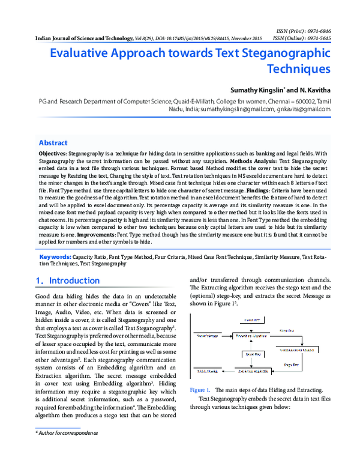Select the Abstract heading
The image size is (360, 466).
tap(53, 143)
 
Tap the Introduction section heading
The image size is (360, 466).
tap(74, 280)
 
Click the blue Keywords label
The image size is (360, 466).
tap(55, 257)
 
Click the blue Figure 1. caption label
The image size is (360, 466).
tap(200, 390)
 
